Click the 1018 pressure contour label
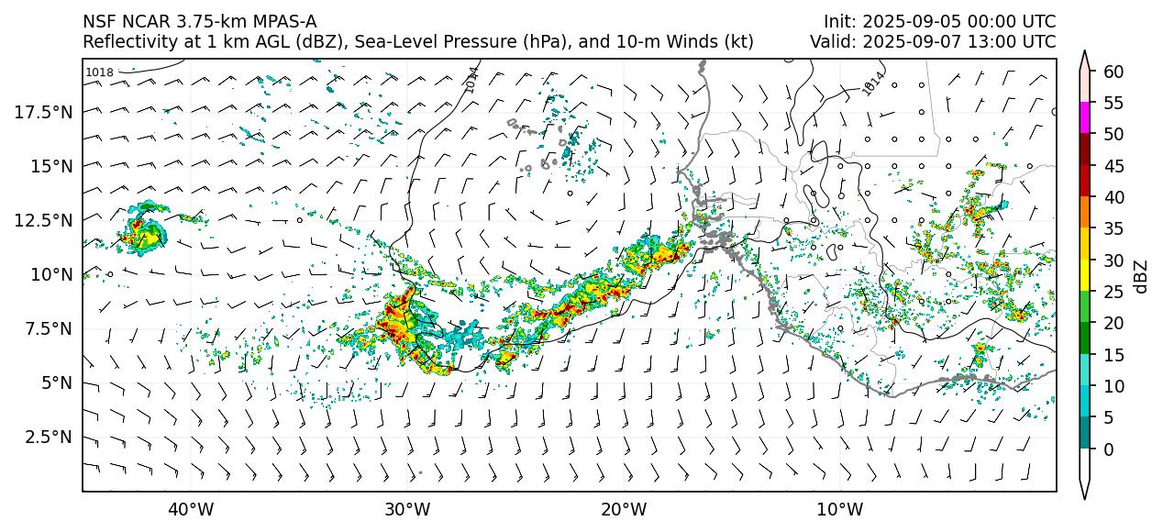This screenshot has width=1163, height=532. pos(99,72)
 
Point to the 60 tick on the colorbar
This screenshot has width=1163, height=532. pos(1113,72)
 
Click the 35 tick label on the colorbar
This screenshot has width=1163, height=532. pos(1113,229)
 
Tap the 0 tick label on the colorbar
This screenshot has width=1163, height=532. pos(1109,449)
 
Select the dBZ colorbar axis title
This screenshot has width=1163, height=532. pos(1141,276)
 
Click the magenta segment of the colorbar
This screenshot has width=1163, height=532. pos(1085,118)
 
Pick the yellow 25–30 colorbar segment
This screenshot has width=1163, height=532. pos(1085,276)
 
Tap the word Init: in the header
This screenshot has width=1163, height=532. pos(841,21)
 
